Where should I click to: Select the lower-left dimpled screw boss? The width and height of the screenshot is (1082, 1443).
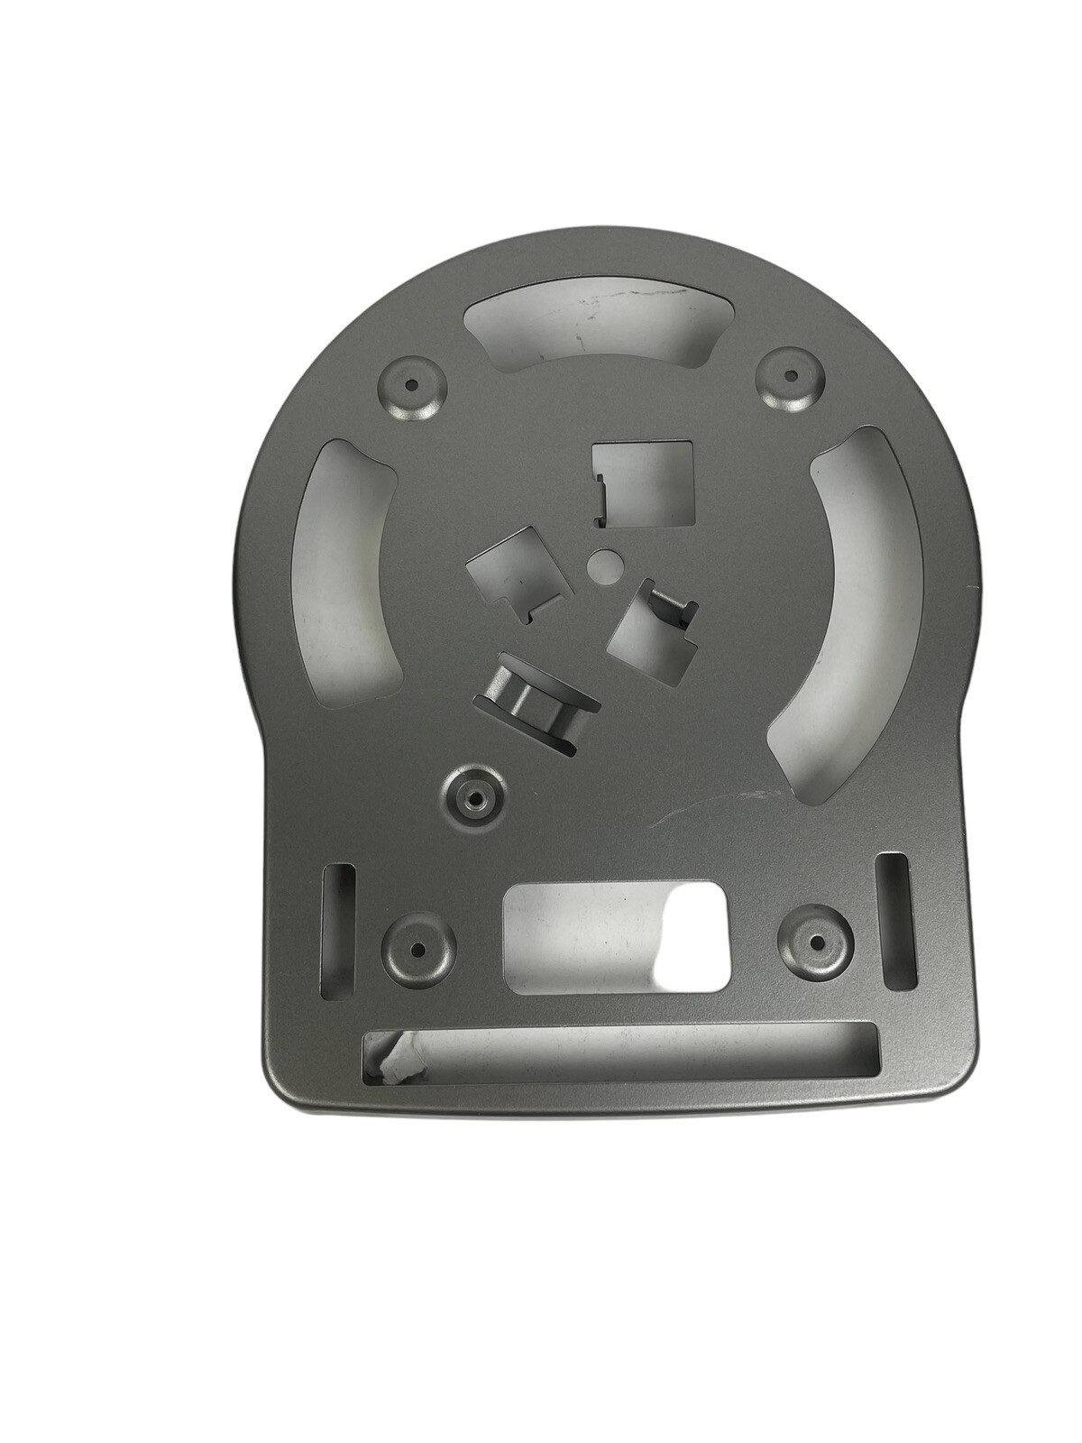click(417, 950)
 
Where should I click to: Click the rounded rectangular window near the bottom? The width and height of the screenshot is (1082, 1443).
click(616, 938)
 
